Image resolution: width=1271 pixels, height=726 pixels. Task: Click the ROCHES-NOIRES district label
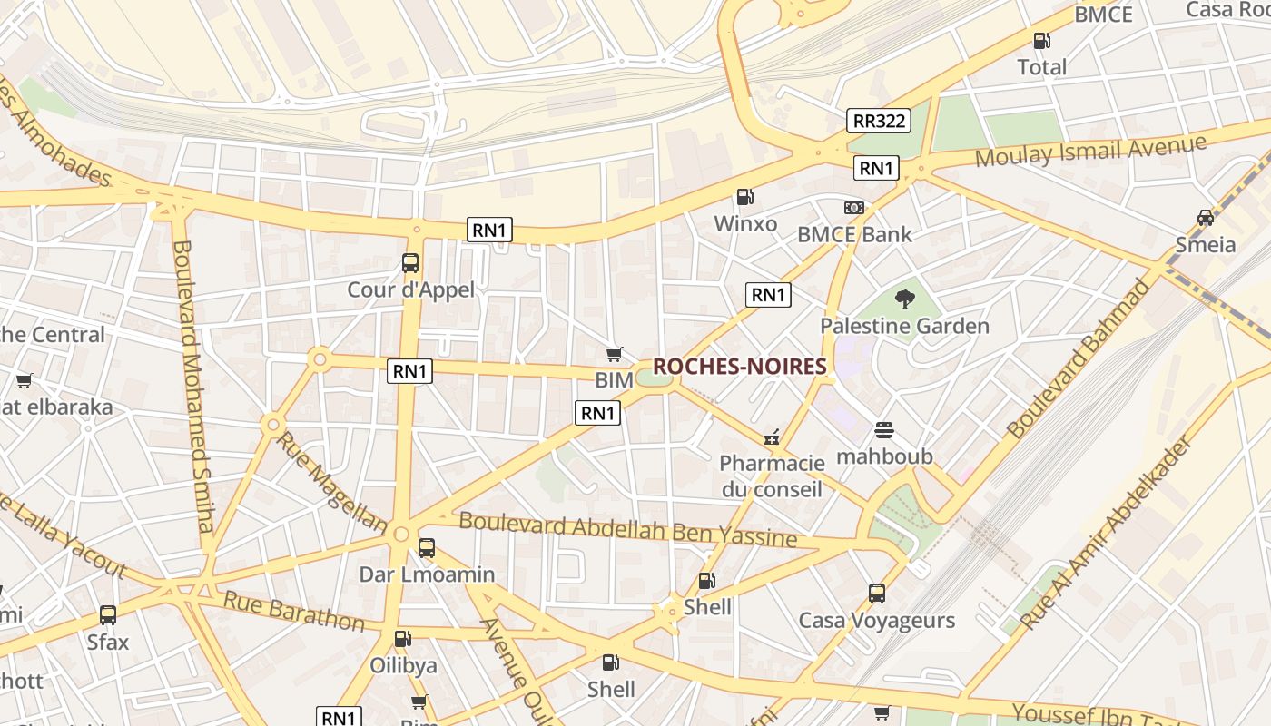(740, 367)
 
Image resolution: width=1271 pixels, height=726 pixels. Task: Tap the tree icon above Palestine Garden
(904, 299)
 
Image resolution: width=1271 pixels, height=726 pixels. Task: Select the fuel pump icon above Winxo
(744, 197)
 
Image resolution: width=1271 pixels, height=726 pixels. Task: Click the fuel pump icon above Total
(1041, 41)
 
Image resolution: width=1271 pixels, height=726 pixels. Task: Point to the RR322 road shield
(879, 121)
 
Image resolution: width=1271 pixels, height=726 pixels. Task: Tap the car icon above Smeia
(1205, 218)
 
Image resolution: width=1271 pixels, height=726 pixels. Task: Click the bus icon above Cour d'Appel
(410, 263)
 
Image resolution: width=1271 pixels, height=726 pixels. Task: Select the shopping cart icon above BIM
(615, 354)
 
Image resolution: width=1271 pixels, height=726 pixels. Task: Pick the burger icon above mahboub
(884, 429)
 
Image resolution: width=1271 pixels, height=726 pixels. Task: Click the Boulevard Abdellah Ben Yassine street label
(627, 530)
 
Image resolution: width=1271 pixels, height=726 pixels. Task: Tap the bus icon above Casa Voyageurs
(876, 594)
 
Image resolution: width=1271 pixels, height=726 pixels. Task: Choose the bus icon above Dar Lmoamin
(427, 548)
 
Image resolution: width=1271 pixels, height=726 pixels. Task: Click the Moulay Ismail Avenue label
(1090, 151)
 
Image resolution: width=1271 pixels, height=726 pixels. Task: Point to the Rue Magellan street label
(332, 481)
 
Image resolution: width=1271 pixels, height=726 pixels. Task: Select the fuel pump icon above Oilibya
(403, 639)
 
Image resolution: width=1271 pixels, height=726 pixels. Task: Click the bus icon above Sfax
(108, 615)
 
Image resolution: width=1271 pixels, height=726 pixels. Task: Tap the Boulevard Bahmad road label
(1079, 358)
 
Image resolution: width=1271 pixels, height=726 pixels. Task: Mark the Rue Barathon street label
(294, 611)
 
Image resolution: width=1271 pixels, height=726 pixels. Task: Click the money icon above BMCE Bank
(853, 208)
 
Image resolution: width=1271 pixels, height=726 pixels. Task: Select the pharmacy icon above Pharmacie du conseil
(772, 437)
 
